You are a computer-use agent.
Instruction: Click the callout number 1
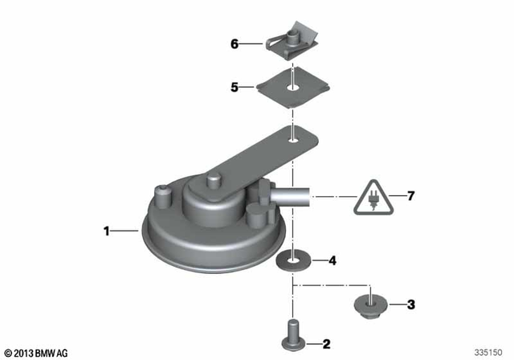click(x=106, y=232)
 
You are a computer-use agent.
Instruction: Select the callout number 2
click(x=326, y=345)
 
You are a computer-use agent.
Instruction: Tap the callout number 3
click(x=410, y=305)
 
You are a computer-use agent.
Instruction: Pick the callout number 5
click(x=235, y=88)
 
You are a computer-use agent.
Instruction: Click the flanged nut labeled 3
click(x=369, y=305)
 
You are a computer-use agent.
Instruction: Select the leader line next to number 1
click(x=127, y=232)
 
